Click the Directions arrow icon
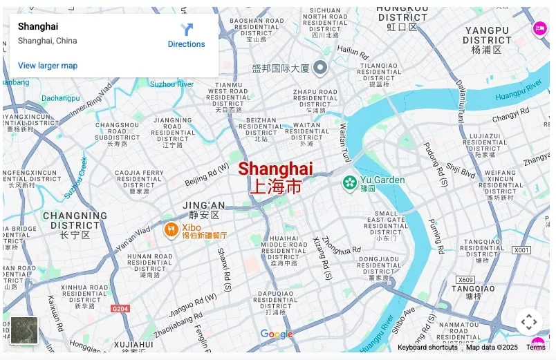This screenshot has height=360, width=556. [187, 30]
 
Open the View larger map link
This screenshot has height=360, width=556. [48, 66]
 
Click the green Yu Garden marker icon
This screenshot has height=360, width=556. [350, 183]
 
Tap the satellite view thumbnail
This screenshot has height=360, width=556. [24, 330]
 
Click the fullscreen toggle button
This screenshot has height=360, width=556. [528, 322]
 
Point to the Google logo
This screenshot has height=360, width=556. [277, 334]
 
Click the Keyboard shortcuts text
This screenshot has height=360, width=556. [427, 348]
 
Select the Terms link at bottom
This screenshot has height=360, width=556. [535, 348]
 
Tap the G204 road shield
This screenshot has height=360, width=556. [120, 309]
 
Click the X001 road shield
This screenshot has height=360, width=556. [521, 249]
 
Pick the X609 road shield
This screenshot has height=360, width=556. [465, 280]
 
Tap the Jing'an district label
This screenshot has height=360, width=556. [203, 209]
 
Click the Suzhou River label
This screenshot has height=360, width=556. [172, 84]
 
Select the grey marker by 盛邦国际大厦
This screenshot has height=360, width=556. [319, 68]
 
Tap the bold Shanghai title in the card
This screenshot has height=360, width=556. [38, 26]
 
